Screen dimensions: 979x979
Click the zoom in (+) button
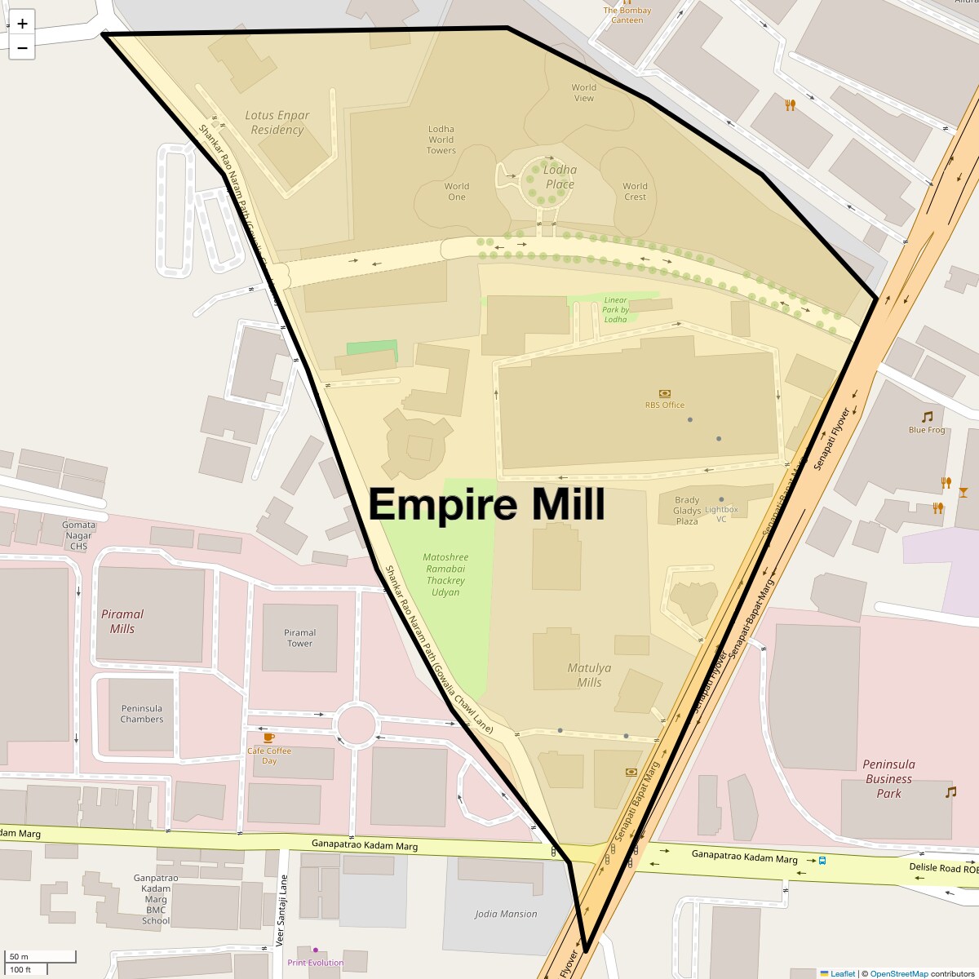(22, 24)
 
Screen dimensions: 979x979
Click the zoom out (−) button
(22, 48)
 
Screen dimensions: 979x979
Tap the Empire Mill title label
(487, 504)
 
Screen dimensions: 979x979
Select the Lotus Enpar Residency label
(277, 122)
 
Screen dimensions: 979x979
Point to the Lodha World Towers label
(441, 140)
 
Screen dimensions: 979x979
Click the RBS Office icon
(664, 393)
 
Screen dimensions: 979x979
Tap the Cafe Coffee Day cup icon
(268, 738)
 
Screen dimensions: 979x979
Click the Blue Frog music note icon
(927, 417)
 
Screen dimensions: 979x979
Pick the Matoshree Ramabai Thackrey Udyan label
(445, 574)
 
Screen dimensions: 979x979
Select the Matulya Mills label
(589, 675)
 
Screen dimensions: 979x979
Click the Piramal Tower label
(299, 638)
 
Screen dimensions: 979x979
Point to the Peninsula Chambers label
(142, 714)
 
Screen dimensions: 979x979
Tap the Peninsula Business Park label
(888, 778)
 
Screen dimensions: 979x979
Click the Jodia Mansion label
(506, 914)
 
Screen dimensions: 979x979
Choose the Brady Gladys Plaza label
(687, 511)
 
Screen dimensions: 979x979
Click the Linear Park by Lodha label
(615, 310)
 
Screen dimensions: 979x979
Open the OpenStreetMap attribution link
(898, 973)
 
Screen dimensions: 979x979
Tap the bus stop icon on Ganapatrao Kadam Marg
(822, 860)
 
